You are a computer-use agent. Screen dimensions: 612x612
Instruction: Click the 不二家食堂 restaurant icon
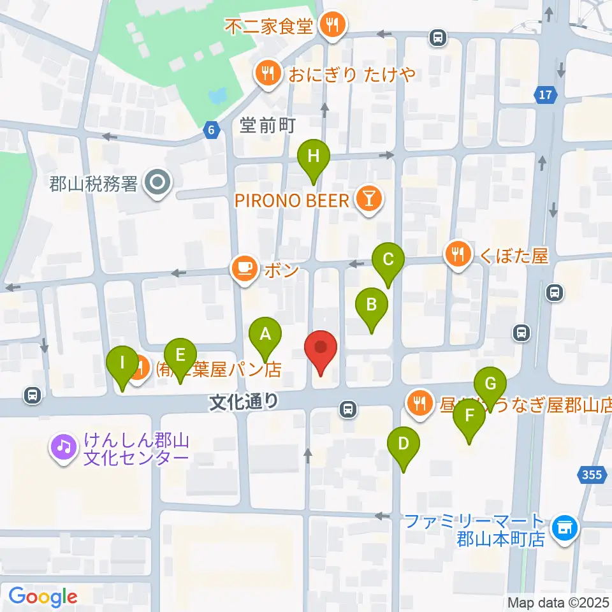tap(332, 26)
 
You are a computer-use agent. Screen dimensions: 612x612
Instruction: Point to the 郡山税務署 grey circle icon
tap(156, 184)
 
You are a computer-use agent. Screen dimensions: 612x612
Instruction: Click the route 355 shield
tap(592, 474)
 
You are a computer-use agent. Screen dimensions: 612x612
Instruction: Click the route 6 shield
tap(212, 130)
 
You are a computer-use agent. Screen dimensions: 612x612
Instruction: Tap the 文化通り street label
tap(245, 401)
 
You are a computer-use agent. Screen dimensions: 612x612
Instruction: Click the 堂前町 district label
tap(268, 126)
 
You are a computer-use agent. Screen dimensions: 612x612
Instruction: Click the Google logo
tap(43, 597)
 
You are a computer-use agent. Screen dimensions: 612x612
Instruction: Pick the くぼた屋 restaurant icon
tap(458, 256)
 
